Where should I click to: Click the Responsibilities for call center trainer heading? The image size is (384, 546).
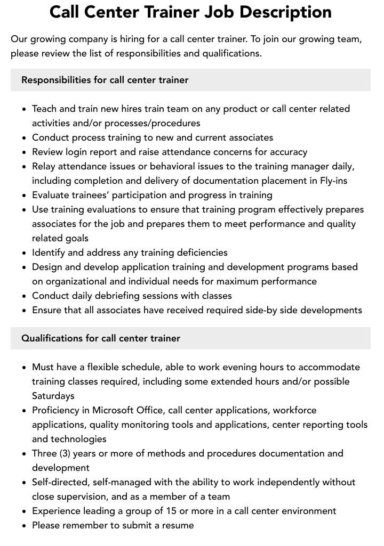pos(105,80)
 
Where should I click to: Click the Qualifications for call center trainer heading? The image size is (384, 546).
pos(101,338)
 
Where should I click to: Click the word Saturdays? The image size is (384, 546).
pos(53,396)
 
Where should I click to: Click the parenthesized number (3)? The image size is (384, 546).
pos(63,453)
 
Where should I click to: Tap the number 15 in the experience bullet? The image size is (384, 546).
pos(170,511)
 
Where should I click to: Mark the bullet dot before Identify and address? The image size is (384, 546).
pos(24,253)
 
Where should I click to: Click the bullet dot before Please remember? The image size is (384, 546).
pos(24,526)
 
